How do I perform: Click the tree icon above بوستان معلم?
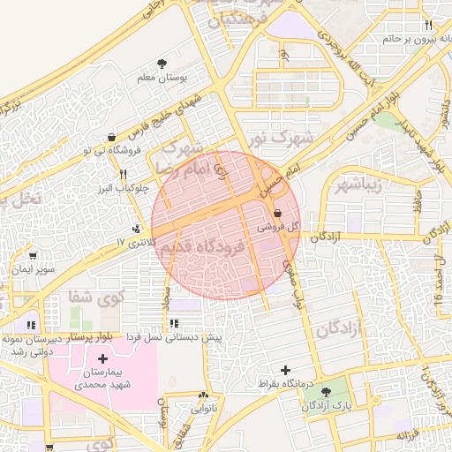coord(162,63)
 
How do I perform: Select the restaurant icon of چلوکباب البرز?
coord(124,174)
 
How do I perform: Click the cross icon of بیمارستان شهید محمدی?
coord(103,359)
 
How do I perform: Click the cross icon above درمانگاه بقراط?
coord(284,371)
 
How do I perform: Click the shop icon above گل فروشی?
coord(279,213)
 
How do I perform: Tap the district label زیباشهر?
coord(358,185)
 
